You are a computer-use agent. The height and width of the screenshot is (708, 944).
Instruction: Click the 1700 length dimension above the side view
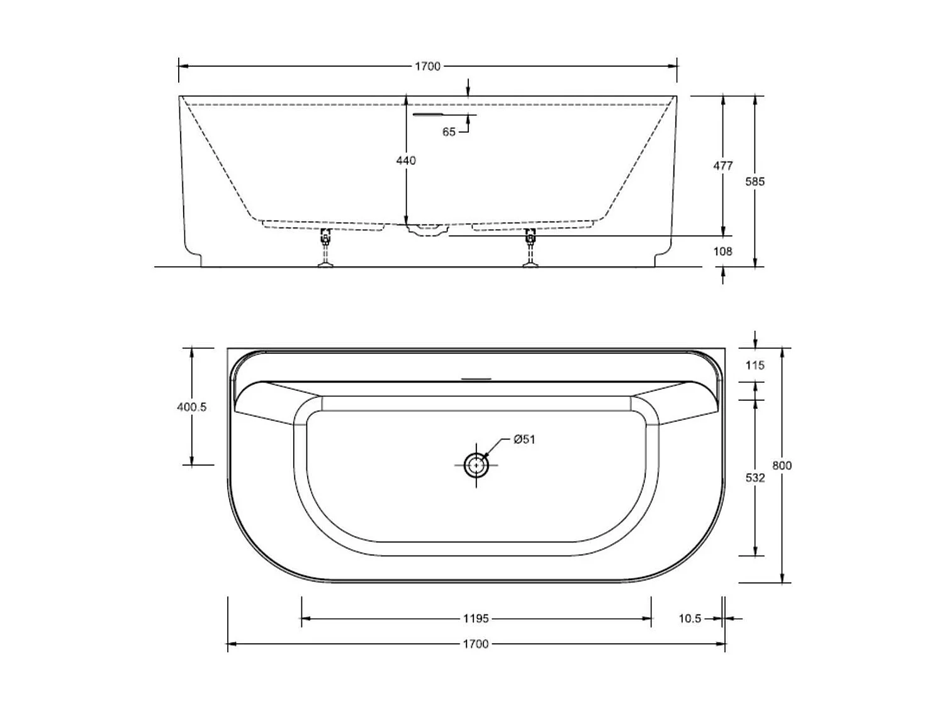click(x=427, y=66)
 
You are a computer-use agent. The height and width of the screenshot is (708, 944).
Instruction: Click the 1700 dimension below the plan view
click(x=476, y=644)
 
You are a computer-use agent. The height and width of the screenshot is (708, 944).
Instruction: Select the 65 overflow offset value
click(x=449, y=132)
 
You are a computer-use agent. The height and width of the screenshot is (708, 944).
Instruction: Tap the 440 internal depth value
click(x=406, y=161)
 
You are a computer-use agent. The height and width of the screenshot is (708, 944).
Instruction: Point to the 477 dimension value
click(x=722, y=166)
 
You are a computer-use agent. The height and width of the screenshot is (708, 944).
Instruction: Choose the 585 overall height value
click(x=755, y=182)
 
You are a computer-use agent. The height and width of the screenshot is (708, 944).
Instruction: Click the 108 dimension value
click(x=722, y=252)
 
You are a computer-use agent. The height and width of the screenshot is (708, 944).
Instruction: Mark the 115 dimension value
click(x=755, y=366)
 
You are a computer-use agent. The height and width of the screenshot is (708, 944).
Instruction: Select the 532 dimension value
click(x=755, y=478)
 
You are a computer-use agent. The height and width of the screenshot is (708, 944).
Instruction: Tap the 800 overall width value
click(x=782, y=466)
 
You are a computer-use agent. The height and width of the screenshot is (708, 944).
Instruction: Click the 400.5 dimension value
click(x=192, y=407)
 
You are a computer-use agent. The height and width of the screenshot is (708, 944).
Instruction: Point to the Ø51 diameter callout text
click(x=524, y=439)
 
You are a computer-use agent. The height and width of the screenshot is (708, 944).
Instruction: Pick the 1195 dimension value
click(x=476, y=619)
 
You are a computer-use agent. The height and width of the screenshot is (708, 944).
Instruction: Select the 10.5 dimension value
click(x=690, y=619)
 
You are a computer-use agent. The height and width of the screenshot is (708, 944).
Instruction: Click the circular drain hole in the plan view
click(x=476, y=466)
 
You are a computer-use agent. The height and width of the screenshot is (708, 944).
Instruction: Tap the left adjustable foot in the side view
click(x=325, y=249)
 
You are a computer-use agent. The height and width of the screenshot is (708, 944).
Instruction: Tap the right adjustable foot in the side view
click(x=531, y=249)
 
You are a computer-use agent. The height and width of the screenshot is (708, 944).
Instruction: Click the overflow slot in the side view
click(x=428, y=115)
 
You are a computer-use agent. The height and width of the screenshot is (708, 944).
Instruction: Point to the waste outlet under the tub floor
click(x=428, y=230)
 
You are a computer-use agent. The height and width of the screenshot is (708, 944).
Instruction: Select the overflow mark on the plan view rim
click(x=476, y=379)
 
